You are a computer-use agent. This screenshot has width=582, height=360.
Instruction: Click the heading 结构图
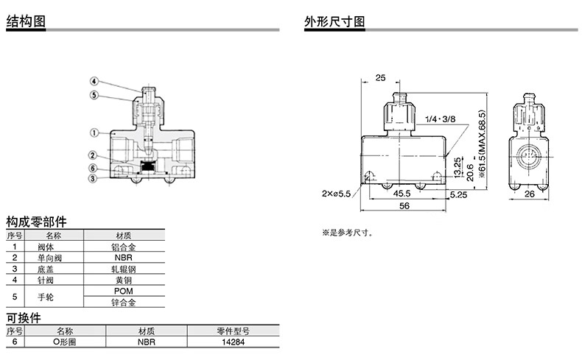point(26,21)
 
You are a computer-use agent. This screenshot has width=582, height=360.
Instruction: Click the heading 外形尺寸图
point(334,21)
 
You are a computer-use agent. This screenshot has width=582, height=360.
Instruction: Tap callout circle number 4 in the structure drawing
point(94,81)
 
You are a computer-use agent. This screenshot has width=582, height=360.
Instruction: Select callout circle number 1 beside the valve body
point(94,133)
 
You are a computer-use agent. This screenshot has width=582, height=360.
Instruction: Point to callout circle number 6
point(94,166)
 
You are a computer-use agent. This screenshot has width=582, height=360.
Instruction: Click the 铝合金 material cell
point(122,247)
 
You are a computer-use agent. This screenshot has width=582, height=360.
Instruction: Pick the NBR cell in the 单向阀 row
point(122,258)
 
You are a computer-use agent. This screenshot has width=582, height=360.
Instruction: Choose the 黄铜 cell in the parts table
point(122,280)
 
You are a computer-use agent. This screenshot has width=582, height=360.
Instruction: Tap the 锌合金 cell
point(122,303)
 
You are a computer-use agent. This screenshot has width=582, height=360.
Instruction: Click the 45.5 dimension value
point(402,194)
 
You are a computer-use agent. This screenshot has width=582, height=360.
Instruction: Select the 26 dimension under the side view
point(529,194)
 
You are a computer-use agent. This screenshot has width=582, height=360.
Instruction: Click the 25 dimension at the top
point(380,77)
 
